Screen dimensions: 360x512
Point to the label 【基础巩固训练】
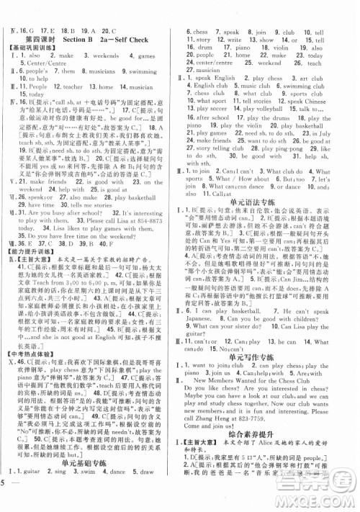tap(33, 48)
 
